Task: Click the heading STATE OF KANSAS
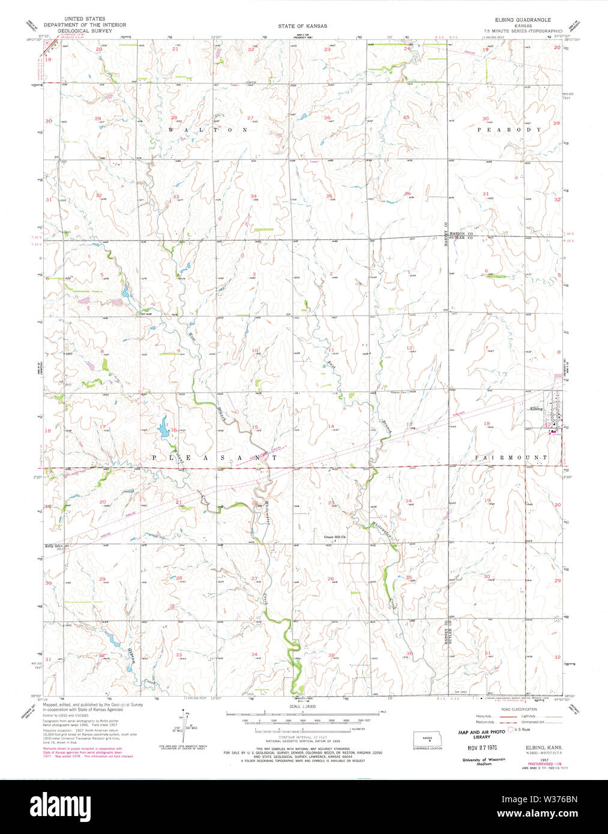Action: click(302, 26)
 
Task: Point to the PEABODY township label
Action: click(510, 130)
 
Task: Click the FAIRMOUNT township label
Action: click(511, 457)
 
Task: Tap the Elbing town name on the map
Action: click(536, 409)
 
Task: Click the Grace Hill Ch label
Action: click(335, 537)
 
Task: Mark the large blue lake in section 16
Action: click(163, 429)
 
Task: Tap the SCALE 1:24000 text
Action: click(302, 707)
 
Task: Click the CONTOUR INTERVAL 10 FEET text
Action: click(302, 736)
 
